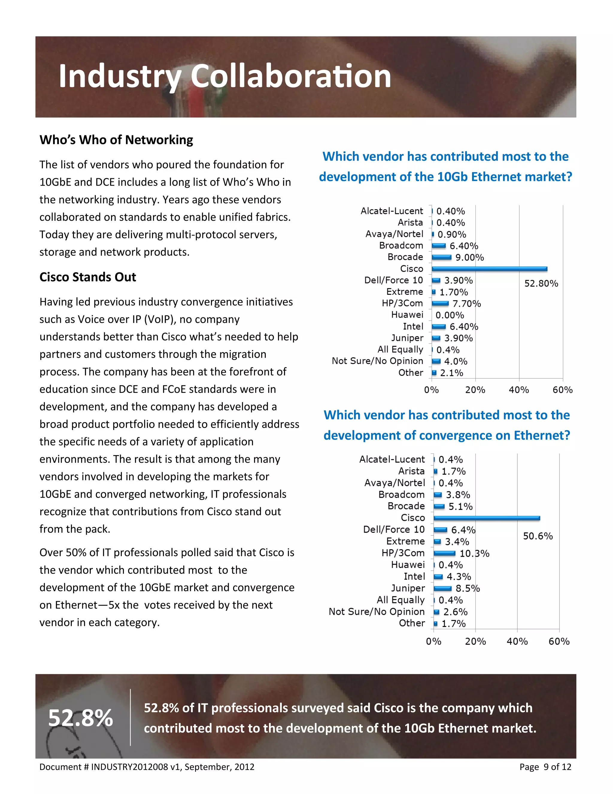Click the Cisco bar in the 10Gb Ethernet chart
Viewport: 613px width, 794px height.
(x=489, y=269)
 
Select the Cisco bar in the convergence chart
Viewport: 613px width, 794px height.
(x=487, y=518)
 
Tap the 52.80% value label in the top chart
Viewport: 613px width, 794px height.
(x=541, y=283)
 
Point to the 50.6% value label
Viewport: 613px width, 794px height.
(x=538, y=536)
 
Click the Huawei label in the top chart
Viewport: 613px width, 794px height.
(x=407, y=315)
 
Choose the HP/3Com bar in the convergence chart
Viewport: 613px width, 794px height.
(x=444, y=553)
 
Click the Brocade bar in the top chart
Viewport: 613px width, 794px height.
(x=441, y=257)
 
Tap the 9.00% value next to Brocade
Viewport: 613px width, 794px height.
(x=470, y=257)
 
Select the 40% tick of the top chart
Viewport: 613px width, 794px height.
(x=519, y=390)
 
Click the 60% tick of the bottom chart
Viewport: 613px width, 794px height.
(x=559, y=641)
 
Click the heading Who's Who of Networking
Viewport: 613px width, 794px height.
(x=116, y=140)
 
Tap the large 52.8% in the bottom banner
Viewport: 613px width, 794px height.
(x=81, y=718)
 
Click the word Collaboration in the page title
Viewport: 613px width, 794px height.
(x=291, y=76)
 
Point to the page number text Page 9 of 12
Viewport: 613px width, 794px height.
(x=545, y=767)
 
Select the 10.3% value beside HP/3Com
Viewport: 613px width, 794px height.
(x=474, y=553)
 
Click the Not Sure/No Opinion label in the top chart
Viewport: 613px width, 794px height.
(x=377, y=361)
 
